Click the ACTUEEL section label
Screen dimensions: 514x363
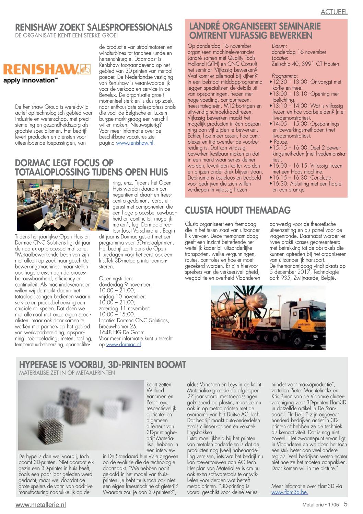(334, 12)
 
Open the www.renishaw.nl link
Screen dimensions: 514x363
(134, 143)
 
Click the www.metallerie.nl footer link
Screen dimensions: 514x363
(40, 505)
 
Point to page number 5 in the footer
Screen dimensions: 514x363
(346, 504)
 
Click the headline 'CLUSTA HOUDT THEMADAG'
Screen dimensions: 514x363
(238, 210)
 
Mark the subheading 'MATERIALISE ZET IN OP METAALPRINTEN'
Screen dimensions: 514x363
(67, 372)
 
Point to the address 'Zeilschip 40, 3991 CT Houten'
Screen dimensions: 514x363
(306, 64)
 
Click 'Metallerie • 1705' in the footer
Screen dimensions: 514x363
(320, 505)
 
